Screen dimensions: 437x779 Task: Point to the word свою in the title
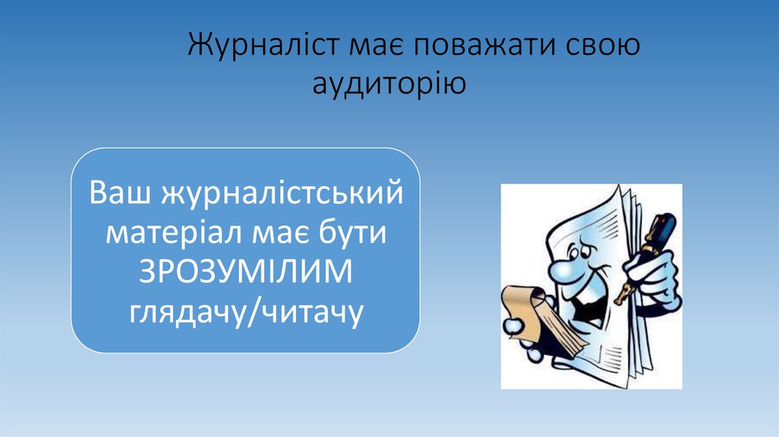click(601, 45)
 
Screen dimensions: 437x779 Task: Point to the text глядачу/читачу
click(245, 311)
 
